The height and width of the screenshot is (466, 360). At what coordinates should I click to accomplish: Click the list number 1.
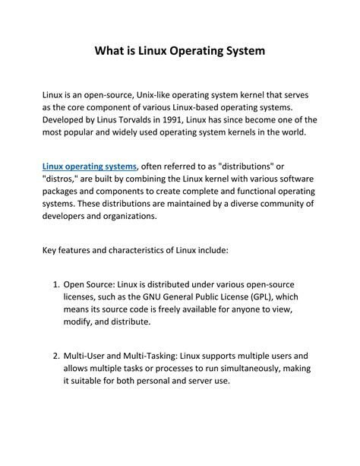55,285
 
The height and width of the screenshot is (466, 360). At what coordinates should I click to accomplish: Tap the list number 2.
55,355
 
